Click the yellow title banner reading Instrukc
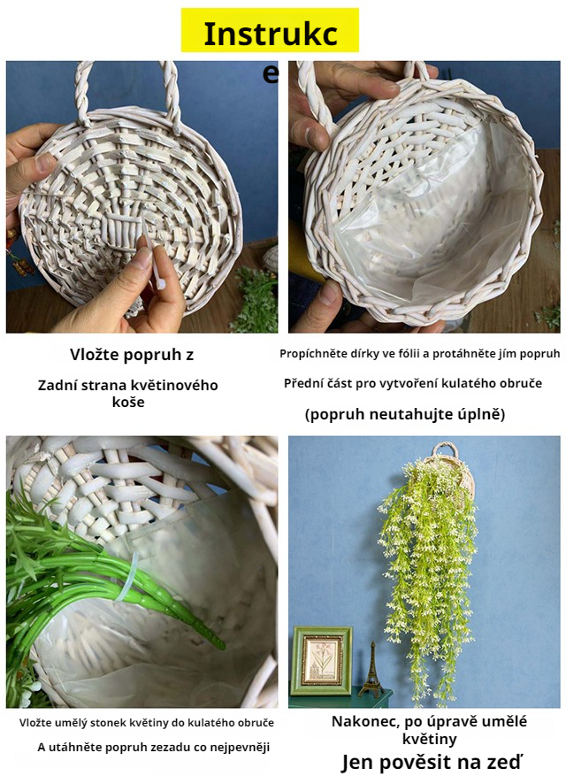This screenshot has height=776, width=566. tap(270, 30)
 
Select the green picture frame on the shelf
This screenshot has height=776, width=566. tap(322, 660)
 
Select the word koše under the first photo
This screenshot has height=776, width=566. tap(128, 402)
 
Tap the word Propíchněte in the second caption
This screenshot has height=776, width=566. tap(310, 354)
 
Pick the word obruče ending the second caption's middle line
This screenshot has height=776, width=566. tap(524, 383)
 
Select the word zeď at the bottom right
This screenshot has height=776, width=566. tap(506, 761)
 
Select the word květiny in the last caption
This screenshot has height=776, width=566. tap(429, 740)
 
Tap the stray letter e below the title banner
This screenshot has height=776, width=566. tap(271, 73)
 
